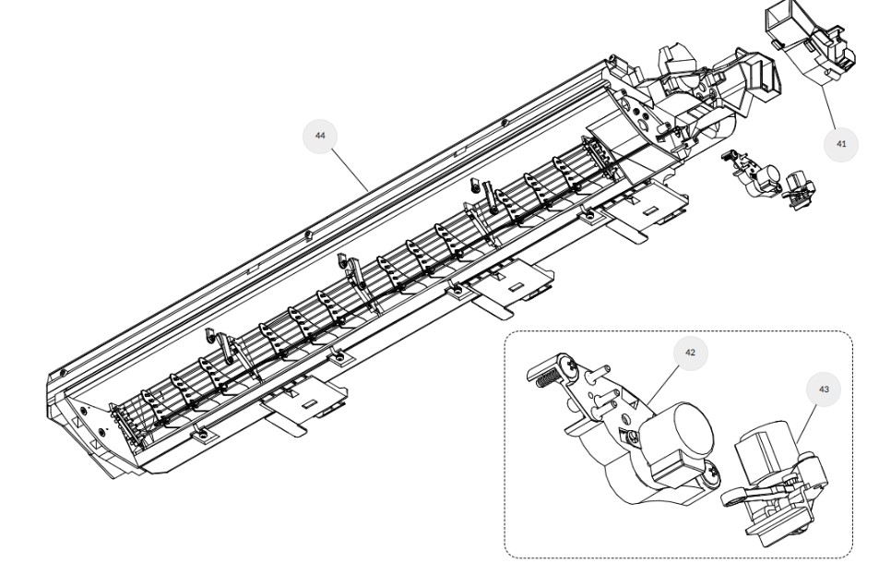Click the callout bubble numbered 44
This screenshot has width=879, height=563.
(320, 136)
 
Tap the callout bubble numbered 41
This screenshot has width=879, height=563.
(841, 144)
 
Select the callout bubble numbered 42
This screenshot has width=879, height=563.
(690, 353)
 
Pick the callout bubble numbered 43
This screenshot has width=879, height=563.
(824, 389)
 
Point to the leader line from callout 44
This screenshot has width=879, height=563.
(350, 170)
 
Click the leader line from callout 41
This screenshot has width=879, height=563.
(828, 107)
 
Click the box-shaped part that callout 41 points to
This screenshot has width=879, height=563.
(809, 45)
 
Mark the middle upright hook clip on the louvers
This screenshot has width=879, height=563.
(350, 270)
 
